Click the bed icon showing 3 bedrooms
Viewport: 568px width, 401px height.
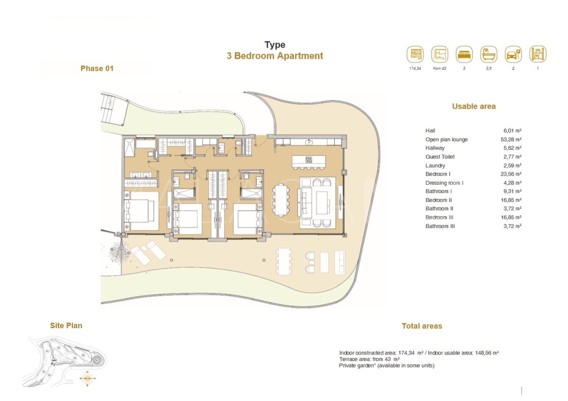click(464, 54)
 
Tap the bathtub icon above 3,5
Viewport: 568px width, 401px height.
click(488, 54)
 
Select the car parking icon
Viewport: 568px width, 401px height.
click(513, 54)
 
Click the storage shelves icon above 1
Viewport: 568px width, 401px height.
click(538, 54)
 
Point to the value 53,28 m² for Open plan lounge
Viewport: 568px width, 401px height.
click(512, 139)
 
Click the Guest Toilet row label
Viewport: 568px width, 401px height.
click(440, 157)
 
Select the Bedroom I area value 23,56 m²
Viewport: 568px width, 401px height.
click(512, 174)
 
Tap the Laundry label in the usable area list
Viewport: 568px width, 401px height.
click(435, 165)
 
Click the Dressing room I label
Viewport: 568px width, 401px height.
click(444, 183)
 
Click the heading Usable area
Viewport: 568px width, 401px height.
click(473, 107)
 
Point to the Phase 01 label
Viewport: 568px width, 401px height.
click(97, 69)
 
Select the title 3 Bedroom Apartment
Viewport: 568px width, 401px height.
click(275, 56)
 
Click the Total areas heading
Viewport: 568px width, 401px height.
click(421, 326)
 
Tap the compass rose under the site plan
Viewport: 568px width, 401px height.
click(88, 378)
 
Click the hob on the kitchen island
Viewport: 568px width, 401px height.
click(309, 160)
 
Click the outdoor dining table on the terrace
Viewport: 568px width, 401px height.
click(284, 261)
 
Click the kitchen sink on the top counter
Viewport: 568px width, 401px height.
click(309, 141)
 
